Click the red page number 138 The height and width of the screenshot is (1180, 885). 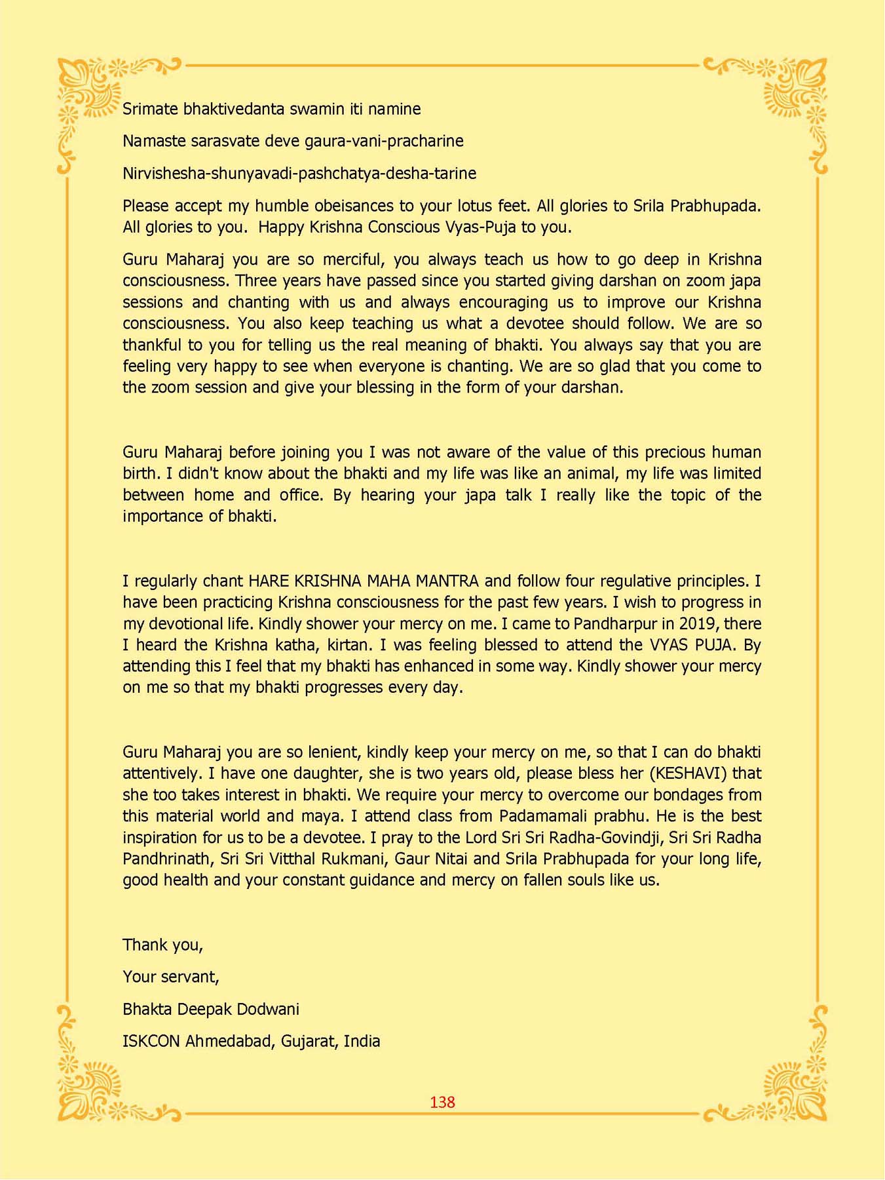(x=442, y=1102)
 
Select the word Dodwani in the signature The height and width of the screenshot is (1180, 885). (x=269, y=1009)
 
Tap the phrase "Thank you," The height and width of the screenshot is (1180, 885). (x=162, y=945)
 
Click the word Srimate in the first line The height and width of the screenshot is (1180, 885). (x=150, y=109)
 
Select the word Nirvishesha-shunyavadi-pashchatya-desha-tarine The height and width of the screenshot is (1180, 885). (x=299, y=174)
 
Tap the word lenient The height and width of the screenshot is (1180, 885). (x=328, y=752)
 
